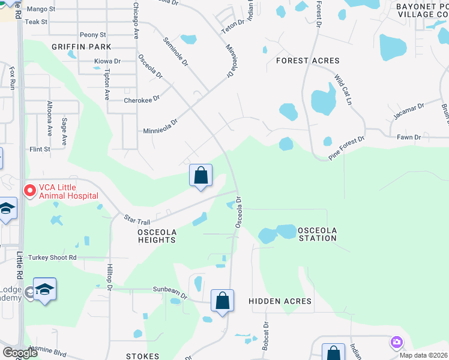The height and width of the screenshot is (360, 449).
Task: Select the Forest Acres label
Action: point(307,61)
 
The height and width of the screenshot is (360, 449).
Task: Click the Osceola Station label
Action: point(318,234)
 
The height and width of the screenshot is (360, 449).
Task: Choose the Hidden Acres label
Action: point(280,301)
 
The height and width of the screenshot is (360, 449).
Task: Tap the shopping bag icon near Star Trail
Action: point(201,176)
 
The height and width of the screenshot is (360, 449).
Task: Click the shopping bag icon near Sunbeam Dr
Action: point(222,301)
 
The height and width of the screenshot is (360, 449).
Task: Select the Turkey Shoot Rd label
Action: point(55,257)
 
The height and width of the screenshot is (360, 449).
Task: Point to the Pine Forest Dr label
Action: point(346,148)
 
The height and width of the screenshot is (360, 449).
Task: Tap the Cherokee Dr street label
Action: point(142,100)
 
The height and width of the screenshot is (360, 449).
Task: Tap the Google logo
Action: point(20,353)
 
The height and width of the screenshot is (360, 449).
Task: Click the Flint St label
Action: point(40,149)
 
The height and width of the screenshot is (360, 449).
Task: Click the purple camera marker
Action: point(396,343)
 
